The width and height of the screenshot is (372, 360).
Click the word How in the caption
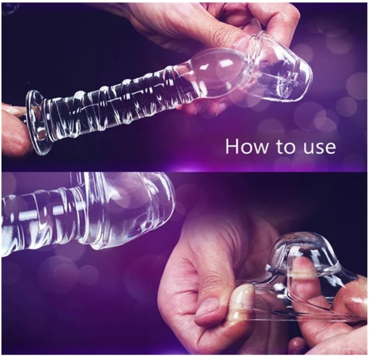248,146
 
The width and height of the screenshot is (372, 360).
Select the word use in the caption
319,148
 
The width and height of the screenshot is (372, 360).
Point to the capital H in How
232,146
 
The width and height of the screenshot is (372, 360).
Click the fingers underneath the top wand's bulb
202,104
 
